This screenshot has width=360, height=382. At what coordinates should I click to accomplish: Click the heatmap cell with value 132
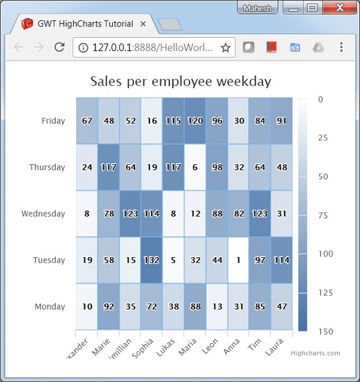click(152, 260)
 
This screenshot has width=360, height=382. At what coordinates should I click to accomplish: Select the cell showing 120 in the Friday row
click(195, 121)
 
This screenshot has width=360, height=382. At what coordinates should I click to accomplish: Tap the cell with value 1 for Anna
click(239, 260)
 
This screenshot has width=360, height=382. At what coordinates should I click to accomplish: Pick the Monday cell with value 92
click(109, 306)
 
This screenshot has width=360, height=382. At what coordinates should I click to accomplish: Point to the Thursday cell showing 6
click(195, 167)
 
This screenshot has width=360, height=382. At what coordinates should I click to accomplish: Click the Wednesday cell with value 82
click(239, 213)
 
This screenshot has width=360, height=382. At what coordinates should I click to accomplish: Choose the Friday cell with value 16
click(152, 121)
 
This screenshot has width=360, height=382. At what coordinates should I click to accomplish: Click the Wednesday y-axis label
click(43, 213)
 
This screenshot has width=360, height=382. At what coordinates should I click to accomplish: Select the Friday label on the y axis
click(53, 121)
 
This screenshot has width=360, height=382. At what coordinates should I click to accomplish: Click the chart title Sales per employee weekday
click(181, 82)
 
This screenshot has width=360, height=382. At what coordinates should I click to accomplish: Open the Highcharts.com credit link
click(315, 353)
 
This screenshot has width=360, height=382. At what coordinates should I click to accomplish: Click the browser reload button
click(59, 47)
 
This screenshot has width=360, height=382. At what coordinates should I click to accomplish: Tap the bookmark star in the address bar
click(226, 47)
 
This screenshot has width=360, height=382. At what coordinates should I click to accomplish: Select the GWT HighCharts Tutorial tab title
click(84, 24)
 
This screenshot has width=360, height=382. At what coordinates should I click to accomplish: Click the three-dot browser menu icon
click(341, 47)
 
